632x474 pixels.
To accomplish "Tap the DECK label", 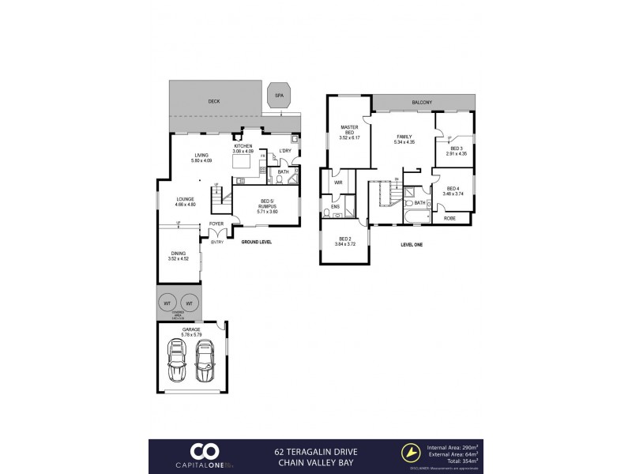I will [213, 102].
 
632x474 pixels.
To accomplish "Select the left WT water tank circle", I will [168, 303].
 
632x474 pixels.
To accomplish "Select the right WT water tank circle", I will [190, 303].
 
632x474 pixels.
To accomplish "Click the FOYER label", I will [216, 224].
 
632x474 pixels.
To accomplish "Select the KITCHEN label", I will [243, 147].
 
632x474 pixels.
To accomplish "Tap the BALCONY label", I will [422, 102].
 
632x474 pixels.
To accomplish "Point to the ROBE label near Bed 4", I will [450, 217].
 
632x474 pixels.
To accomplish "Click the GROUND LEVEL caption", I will [256, 241].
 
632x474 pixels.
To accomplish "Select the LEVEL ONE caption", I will [412, 245].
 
